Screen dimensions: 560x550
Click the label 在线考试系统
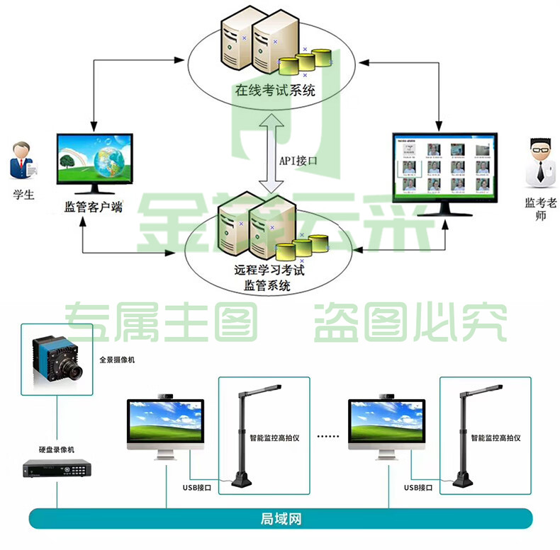[275, 90]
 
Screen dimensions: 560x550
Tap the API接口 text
[298, 161]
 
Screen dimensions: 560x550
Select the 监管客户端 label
[93, 207]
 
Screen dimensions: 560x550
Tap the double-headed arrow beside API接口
[271, 154]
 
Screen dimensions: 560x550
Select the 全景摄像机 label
[117, 360]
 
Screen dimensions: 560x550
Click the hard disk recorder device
[57, 469]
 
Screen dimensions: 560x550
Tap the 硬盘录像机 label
[57, 449]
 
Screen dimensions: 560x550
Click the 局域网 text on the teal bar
[281, 519]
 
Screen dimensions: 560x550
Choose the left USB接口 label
[197, 488]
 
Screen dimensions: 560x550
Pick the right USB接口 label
[418, 488]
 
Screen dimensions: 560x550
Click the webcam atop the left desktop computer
[165, 396]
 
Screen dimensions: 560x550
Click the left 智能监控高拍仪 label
[274, 438]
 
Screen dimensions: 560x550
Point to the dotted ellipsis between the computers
[328, 436]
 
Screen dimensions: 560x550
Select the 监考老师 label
[540, 209]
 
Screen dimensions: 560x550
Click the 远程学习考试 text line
[269, 269]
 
